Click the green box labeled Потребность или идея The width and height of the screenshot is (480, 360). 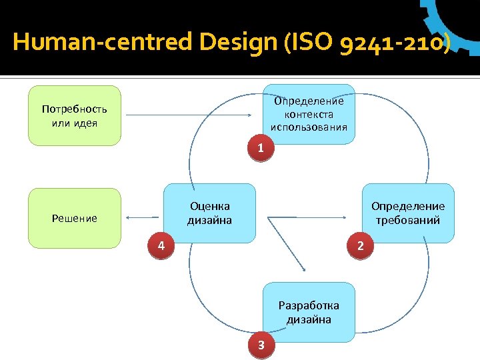(x=75, y=115)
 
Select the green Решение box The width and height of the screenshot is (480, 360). (x=75, y=218)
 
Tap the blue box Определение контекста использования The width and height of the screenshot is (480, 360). (x=309, y=114)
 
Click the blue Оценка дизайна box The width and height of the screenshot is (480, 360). (x=209, y=213)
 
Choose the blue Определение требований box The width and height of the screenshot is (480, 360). (x=407, y=213)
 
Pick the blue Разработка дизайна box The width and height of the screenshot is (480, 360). (x=309, y=312)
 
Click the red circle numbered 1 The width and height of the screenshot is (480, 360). (x=261, y=148)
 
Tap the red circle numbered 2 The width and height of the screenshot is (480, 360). (x=361, y=247)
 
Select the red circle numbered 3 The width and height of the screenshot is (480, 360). (x=261, y=345)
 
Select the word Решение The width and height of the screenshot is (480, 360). (x=75, y=218)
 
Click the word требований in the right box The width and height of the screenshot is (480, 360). (x=407, y=220)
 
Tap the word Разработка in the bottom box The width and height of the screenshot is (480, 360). (x=309, y=305)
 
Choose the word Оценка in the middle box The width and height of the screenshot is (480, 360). (x=209, y=207)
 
